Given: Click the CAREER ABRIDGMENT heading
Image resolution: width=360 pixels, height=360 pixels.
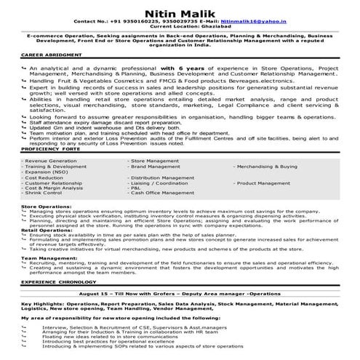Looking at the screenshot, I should (51, 55).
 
